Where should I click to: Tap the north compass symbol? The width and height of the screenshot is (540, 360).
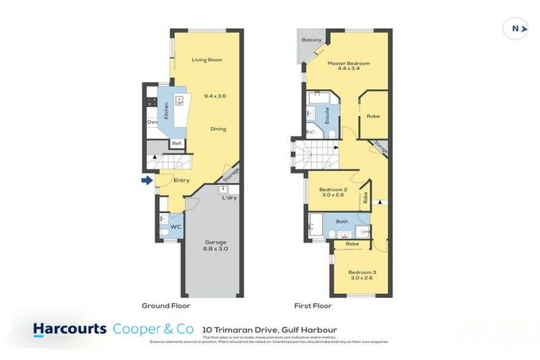[x=517, y=28]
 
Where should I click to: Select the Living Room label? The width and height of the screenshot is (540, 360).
[x=207, y=60]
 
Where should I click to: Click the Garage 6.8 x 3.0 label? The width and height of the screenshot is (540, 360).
[x=216, y=245]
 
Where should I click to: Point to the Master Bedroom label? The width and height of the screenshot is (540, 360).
[x=348, y=65]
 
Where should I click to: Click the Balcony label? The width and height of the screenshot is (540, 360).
[x=311, y=40]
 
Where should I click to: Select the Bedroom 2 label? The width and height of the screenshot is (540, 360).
[x=334, y=193]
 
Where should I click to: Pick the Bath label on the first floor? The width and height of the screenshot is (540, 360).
[x=342, y=221]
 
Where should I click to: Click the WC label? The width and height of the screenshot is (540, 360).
[x=176, y=227]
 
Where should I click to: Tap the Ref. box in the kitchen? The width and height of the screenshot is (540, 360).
[x=178, y=144]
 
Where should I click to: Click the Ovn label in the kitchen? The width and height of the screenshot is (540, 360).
[x=152, y=122]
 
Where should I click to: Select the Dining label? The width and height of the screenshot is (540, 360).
[x=218, y=129]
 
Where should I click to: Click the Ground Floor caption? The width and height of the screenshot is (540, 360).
[x=166, y=306]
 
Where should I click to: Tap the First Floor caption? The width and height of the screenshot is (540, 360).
[x=312, y=306]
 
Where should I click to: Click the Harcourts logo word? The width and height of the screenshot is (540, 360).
[x=70, y=328]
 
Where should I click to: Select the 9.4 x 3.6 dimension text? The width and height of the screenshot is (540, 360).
[x=217, y=95]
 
